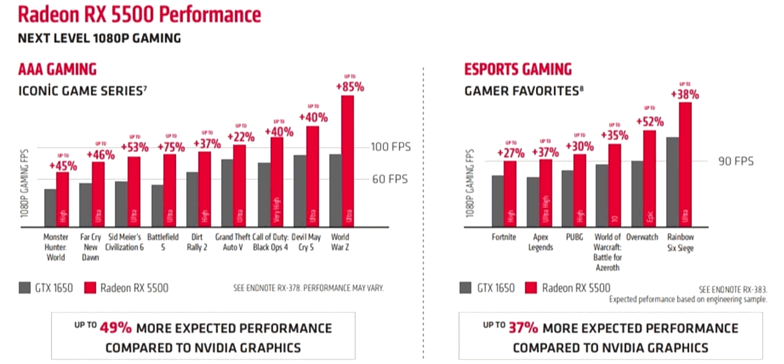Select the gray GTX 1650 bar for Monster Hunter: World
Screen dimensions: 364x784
(50, 208)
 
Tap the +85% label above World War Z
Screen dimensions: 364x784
(350, 87)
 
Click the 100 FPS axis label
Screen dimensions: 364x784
(390, 147)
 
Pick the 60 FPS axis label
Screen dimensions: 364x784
(390, 179)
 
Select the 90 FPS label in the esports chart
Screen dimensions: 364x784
(736, 161)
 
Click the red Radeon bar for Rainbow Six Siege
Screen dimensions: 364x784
(685, 165)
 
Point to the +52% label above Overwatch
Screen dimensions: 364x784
(650, 121)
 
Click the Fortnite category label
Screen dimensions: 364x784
(503, 237)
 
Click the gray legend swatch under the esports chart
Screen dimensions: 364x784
(465, 288)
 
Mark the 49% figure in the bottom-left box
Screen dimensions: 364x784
(115, 328)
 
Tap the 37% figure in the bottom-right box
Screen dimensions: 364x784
(523, 328)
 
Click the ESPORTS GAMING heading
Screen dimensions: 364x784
(518, 69)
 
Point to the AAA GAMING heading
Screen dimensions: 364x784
(57, 69)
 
